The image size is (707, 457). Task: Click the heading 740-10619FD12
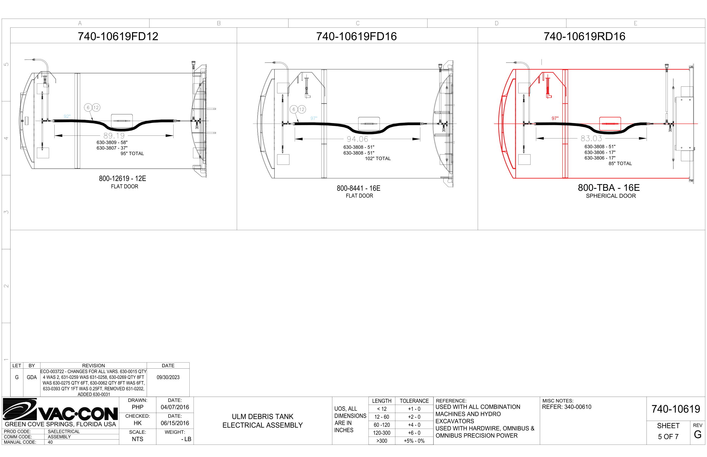coord(118,36)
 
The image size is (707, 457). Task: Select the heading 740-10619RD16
coord(584,36)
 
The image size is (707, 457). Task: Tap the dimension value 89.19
coord(114,136)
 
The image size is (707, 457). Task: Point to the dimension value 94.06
coord(357,139)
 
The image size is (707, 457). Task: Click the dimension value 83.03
coord(591,138)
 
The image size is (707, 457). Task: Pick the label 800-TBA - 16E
coord(609,188)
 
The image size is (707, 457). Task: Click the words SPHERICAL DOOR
coord(611,196)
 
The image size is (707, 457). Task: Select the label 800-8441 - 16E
coord(358,188)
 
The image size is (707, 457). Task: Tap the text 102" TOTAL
coord(378,158)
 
